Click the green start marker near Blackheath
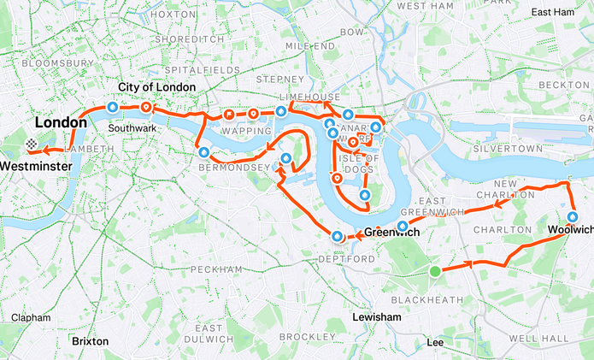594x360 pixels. (x=435, y=272)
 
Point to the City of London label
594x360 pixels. (x=156, y=87)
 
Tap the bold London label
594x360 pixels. (x=61, y=122)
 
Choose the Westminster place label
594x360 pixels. (x=35, y=164)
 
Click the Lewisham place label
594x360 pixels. (x=377, y=317)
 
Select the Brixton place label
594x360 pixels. (x=90, y=340)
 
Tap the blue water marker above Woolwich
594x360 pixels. (x=573, y=216)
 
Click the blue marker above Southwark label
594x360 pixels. (x=112, y=107)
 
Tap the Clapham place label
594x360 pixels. (x=31, y=317)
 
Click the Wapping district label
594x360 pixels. (x=238, y=132)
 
